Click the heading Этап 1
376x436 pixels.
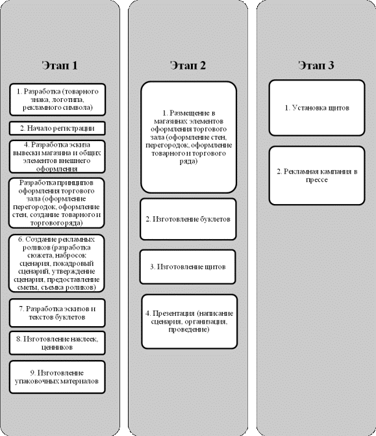(60, 66)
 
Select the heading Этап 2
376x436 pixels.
(188, 66)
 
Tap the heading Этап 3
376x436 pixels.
(316, 66)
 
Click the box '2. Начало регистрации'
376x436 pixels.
(57, 128)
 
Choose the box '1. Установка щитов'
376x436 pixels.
(317, 108)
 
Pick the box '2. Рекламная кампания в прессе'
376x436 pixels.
(317, 175)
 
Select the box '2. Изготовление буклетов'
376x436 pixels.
(188, 219)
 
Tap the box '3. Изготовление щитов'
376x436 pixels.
(188, 266)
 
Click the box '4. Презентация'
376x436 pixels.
(189, 322)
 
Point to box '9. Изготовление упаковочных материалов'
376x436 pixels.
(57, 377)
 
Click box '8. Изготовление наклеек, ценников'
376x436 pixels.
(57, 343)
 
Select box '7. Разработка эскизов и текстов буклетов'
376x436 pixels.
(57, 313)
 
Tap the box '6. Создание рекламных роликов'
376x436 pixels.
(56, 263)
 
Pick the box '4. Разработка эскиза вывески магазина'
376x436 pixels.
(57, 157)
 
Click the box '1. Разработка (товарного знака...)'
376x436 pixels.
(58, 99)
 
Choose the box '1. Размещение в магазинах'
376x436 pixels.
(189, 137)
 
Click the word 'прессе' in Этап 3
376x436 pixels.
(316, 179)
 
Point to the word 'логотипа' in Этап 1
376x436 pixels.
(70, 99)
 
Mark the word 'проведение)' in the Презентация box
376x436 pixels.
(189, 329)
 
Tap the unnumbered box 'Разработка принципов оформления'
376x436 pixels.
(56, 203)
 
